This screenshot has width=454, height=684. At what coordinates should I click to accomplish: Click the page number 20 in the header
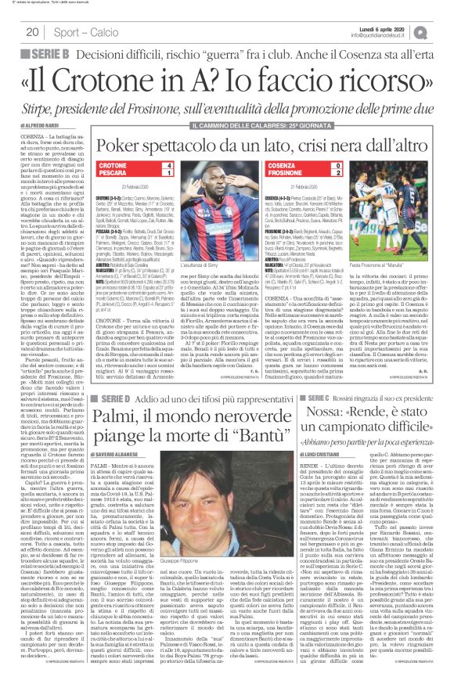pyautogui.click(x=33, y=32)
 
